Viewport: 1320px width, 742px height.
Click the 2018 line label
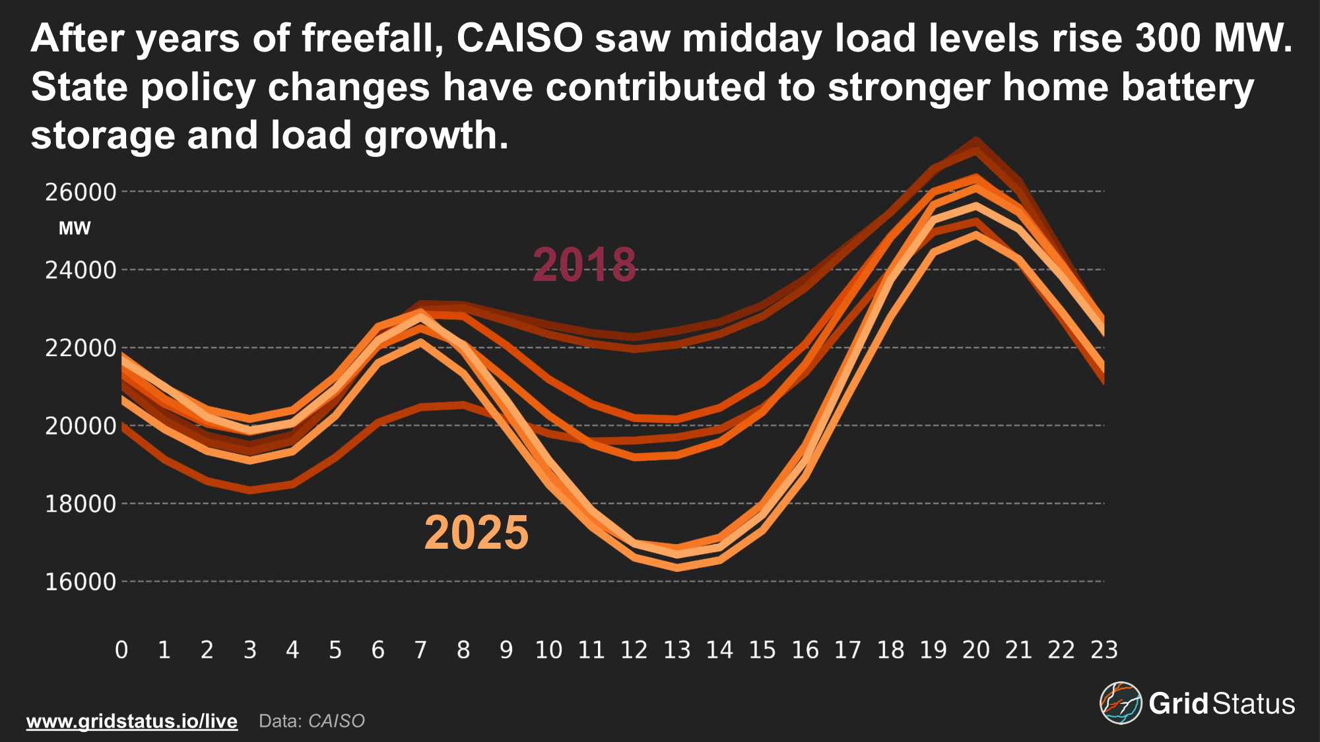[584, 264]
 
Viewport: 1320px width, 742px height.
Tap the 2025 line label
[477, 532]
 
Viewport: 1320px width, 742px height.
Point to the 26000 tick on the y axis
[81, 192]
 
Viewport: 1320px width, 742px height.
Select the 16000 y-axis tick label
[81, 582]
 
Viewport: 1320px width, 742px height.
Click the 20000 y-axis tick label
[81, 426]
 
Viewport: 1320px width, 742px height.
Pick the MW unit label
[75, 229]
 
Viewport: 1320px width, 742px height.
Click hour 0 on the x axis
[121, 650]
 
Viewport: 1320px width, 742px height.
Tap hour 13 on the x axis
[676, 650]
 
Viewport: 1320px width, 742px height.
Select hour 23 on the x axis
[1104, 650]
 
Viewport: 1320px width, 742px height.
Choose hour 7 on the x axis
[420, 650]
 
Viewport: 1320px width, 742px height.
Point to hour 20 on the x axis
[976, 650]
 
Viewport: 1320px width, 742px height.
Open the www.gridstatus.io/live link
[132, 721]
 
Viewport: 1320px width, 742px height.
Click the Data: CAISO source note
[312, 721]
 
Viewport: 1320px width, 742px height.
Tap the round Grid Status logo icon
[1120, 703]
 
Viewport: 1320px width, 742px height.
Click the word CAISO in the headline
[519, 38]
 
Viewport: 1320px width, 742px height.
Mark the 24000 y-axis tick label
[81, 270]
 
